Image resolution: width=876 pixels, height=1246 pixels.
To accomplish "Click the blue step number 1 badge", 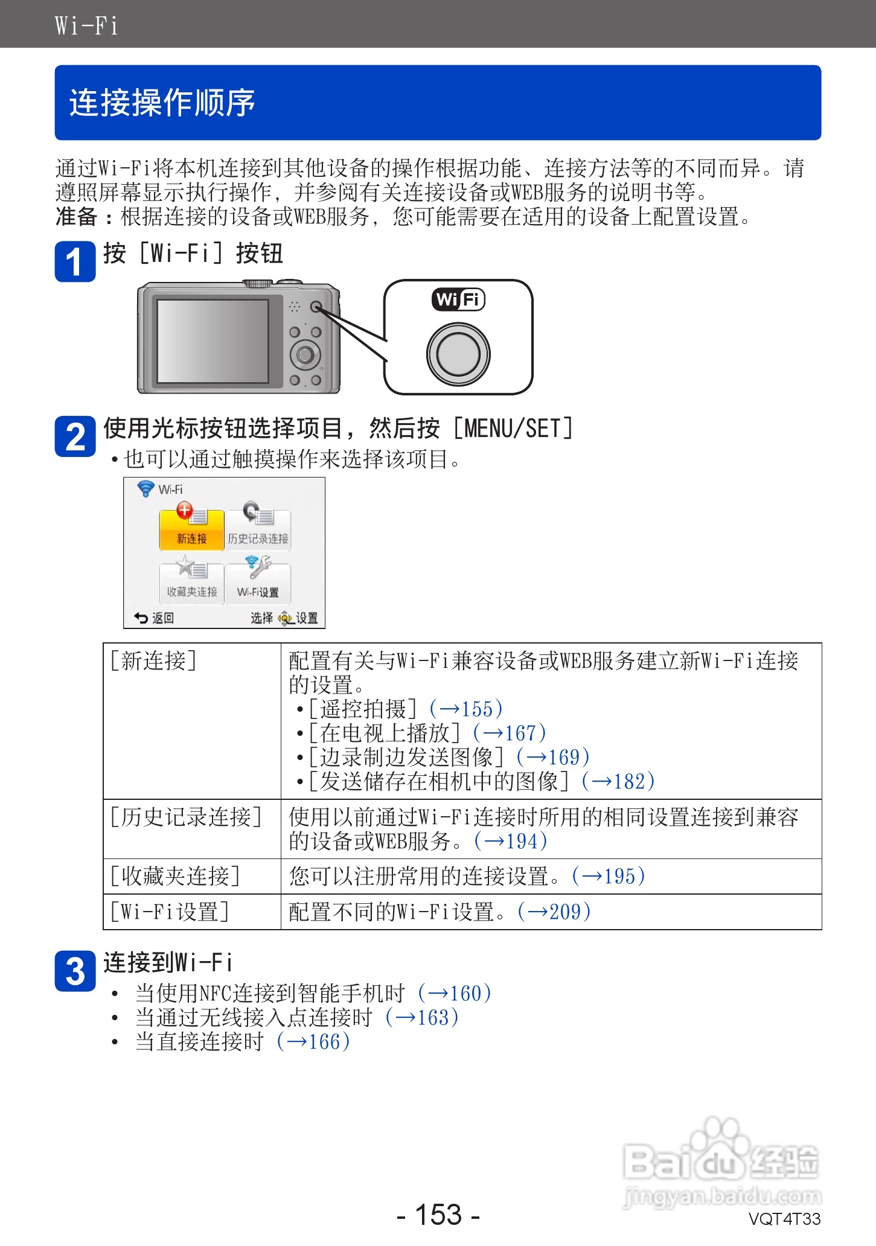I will click(x=75, y=261).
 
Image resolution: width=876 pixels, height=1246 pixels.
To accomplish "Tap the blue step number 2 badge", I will click(x=75, y=436).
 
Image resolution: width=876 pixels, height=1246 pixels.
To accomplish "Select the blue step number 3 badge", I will click(x=75, y=971).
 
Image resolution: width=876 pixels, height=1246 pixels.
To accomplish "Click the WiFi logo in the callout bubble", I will click(x=458, y=299).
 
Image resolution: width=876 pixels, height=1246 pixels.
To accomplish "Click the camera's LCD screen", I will click(x=213, y=341).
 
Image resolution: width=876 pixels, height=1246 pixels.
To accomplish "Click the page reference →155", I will click(x=466, y=709).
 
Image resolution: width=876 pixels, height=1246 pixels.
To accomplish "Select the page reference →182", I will click(x=618, y=781).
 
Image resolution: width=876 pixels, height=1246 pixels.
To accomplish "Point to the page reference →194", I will click(x=511, y=841).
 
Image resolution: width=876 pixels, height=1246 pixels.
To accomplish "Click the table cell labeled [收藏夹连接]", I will click(x=175, y=876).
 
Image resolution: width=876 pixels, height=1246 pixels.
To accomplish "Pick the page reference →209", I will click(x=554, y=912).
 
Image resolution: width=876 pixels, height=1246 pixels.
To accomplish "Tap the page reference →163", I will click(x=423, y=1018).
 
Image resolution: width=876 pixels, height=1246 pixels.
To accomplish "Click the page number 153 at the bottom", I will click(x=438, y=1215).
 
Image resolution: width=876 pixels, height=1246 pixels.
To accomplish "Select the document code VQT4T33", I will click(x=784, y=1219).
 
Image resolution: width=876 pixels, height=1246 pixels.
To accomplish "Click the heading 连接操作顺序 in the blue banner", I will click(x=162, y=103).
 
